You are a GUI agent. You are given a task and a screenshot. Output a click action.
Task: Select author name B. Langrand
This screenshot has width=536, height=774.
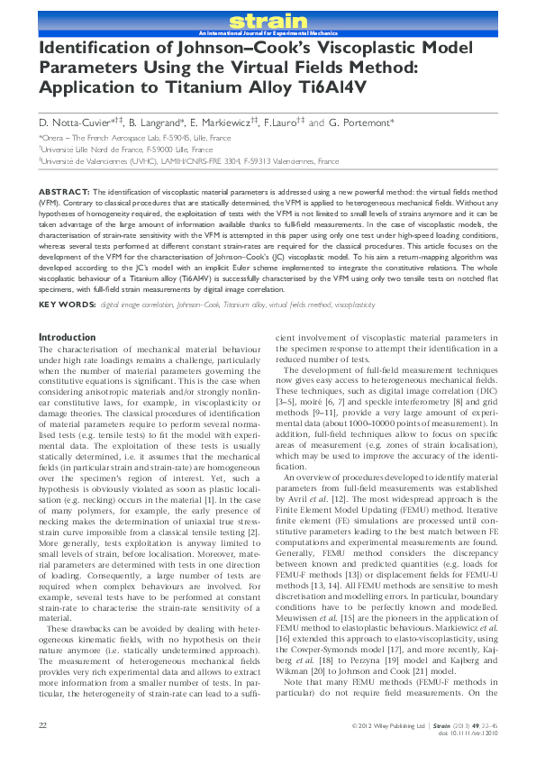159,122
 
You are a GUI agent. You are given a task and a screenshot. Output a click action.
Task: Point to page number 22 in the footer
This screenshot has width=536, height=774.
43,748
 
